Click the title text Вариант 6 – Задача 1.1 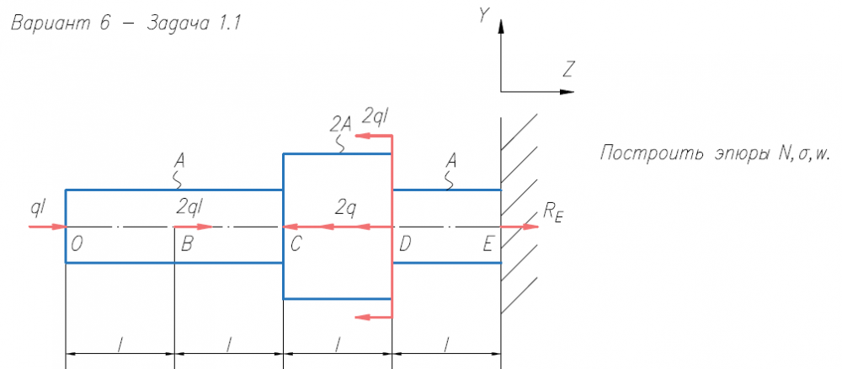point(125,24)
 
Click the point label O point(77,244)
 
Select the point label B point(186,244)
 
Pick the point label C point(295,244)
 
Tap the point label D point(405,244)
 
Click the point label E point(488,244)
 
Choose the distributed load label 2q point(346,206)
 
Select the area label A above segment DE point(453,158)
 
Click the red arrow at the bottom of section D point(374,317)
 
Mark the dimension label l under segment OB point(120,344)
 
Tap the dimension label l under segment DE point(447,344)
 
